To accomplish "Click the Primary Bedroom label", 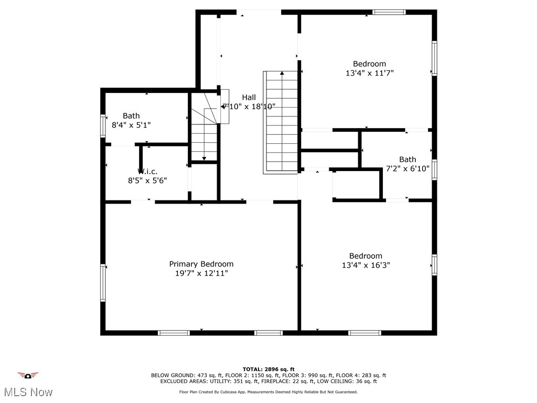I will coord(201,264).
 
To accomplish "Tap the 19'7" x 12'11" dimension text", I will coord(201,273).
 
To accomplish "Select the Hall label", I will coord(249,97).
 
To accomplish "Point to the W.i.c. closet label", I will coord(147,172).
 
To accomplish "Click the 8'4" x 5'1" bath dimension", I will coord(131,125).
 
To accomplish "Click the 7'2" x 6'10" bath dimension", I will coord(407,168).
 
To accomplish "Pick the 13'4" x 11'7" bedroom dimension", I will coord(369,73).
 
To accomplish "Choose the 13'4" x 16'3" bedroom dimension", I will coord(366,265).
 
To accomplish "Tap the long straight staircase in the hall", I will coord(281,122).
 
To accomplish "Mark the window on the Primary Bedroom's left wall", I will coord(103,282).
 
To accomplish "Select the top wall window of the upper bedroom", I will coord(389,12).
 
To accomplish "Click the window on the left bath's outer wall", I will coord(103,126).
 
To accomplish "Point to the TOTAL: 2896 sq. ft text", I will coord(268,369).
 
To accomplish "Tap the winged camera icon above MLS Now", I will coord(28,375).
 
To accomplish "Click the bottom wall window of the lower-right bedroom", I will coord(364,333).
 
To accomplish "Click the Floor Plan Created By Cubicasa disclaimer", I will coord(268,391).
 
